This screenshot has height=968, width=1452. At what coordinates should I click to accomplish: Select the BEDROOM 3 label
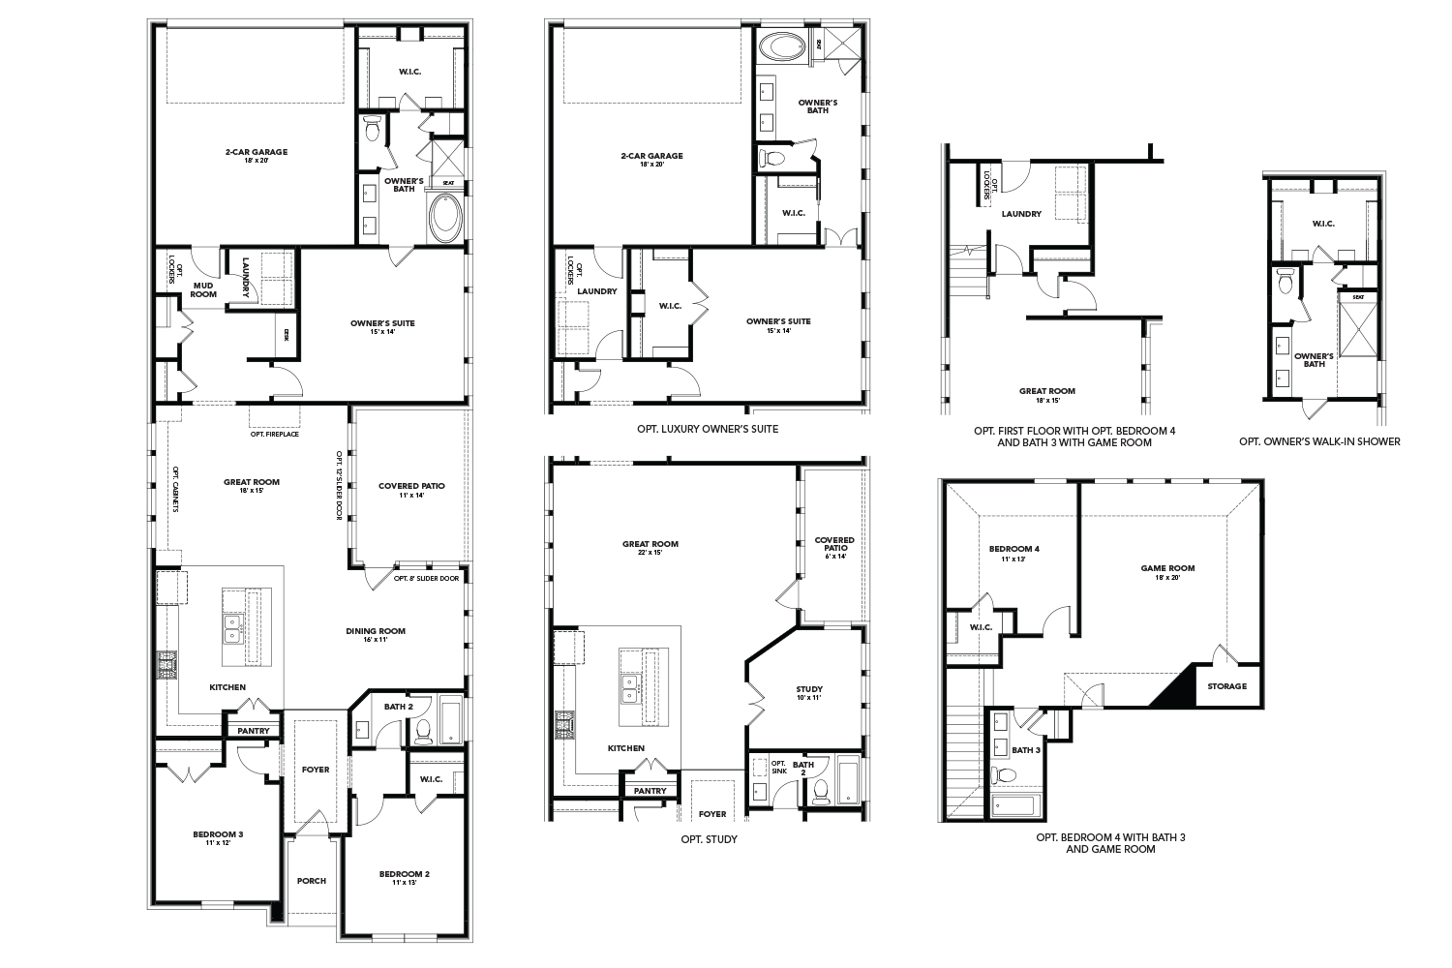pyautogui.click(x=217, y=833)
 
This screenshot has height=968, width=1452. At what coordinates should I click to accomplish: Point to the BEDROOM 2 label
pyautogui.click(x=404, y=873)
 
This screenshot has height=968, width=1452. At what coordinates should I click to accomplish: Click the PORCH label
pyautogui.click(x=311, y=881)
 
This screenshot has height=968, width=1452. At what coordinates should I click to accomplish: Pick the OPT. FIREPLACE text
pyautogui.click(x=275, y=434)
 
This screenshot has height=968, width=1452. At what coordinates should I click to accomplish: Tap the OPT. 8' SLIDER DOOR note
pyautogui.click(x=426, y=578)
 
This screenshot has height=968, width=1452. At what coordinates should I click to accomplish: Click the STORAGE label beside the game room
pyautogui.click(x=1226, y=686)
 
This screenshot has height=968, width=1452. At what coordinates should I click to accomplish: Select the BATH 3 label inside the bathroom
pyautogui.click(x=1026, y=749)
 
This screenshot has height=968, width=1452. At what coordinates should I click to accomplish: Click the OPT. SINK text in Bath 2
pyautogui.click(x=778, y=769)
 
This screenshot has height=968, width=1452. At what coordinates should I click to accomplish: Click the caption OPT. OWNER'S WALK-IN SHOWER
pyautogui.click(x=1319, y=441)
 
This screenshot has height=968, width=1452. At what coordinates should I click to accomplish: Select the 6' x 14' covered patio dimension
pyautogui.click(x=833, y=556)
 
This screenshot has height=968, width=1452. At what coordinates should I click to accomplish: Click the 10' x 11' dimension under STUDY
pyautogui.click(x=809, y=697)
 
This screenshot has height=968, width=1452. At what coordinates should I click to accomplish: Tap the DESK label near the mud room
pyautogui.click(x=287, y=335)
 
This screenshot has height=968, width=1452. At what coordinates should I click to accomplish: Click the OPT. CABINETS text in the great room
pyautogui.click(x=175, y=489)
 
